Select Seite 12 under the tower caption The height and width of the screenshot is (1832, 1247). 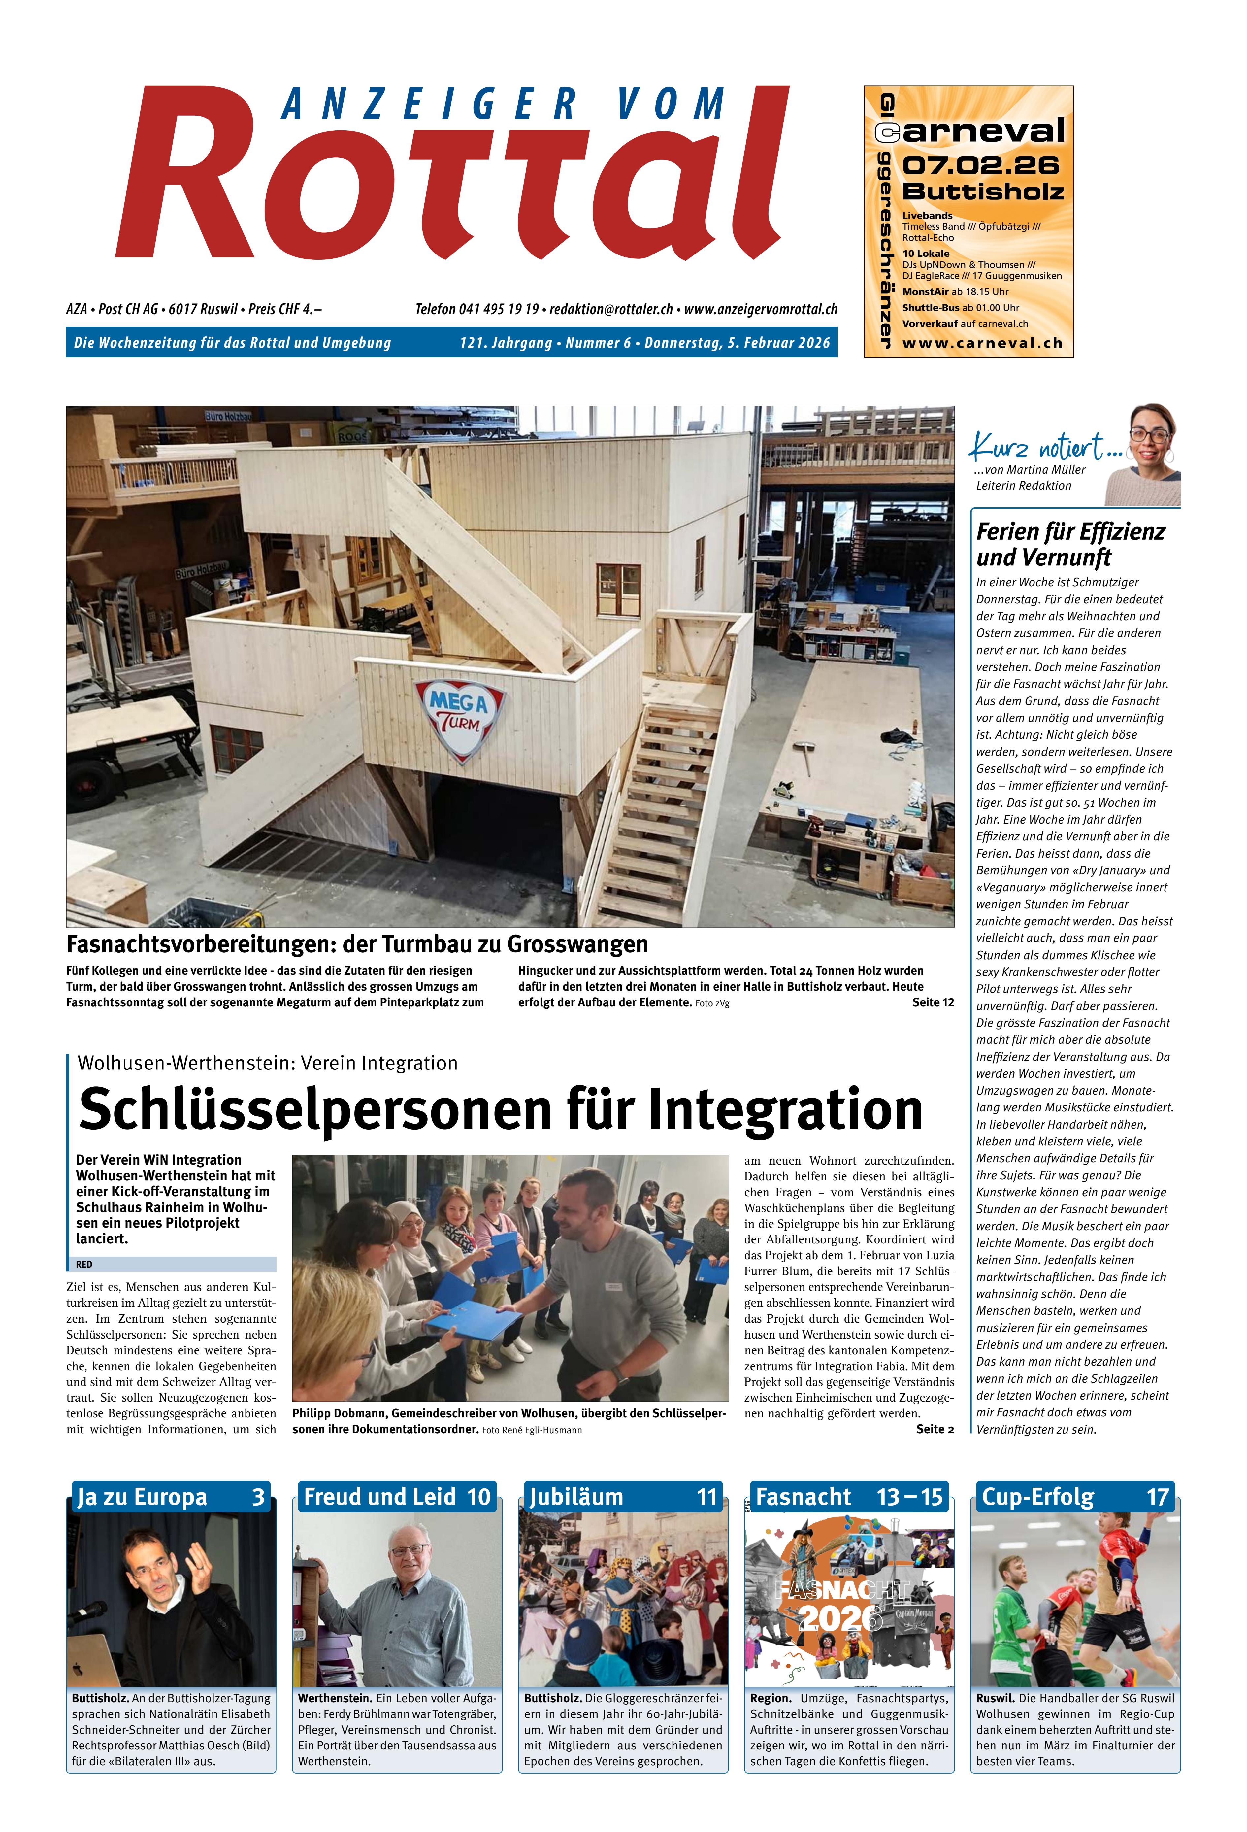coord(933,1002)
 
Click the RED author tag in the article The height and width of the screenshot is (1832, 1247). coord(84,1264)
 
